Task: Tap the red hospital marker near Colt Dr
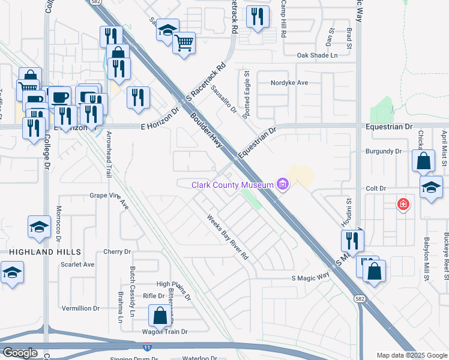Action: click(x=404, y=205)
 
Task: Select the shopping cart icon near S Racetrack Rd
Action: click(x=184, y=42)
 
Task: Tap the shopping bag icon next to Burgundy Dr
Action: click(x=423, y=161)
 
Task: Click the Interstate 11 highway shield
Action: click(x=147, y=347)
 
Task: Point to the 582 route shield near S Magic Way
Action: click(x=363, y=304)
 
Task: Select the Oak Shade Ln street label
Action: click(x=318, y=55)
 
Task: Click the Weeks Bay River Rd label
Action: click(x=228, y=238)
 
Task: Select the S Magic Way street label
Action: click(x=310, y=277)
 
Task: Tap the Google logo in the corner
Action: click(x=20, y=353)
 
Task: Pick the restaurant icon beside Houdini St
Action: click(x=352, y=241)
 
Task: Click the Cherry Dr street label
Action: click(x=116, y=252)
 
